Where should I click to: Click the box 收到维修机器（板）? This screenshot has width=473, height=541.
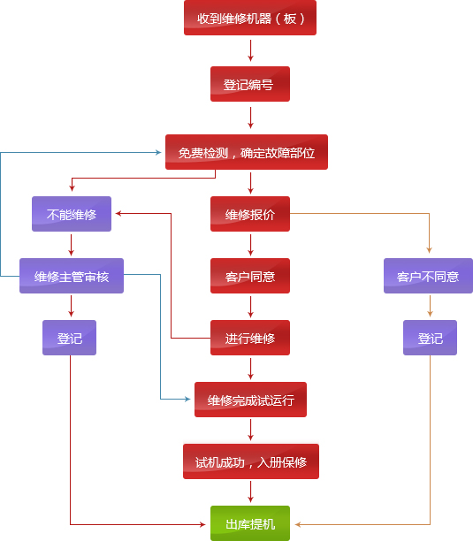coord(250,18)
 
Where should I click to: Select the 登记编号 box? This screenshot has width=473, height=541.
coord(250,84)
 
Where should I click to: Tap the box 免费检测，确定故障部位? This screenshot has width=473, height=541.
coord(247,152)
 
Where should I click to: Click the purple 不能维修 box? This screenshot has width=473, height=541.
coord(72,214)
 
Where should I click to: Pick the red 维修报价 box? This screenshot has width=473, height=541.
coord(250,214)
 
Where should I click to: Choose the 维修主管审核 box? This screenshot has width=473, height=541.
coord(72,276)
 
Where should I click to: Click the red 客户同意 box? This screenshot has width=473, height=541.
coord(250,276)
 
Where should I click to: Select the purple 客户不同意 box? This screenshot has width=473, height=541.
coord(428,276)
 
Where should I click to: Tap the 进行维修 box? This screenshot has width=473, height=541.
coord(250,338)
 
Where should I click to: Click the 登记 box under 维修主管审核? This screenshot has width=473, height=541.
coord(69,338)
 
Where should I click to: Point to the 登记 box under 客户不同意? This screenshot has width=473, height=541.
coord(431,338)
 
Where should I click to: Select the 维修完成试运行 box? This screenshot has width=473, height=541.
coord(250,400)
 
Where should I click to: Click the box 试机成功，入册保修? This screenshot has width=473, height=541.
coord(251,461)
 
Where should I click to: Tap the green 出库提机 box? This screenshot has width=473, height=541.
coord(250,523)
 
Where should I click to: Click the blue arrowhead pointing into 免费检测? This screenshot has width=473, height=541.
coord(158,152)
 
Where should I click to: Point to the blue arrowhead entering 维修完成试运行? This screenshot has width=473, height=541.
coord(187,400)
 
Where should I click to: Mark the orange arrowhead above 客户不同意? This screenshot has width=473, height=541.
coord(429,250)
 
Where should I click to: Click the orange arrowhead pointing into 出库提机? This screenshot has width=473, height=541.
coord(298,524)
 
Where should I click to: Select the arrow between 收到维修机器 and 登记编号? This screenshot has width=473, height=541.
coord(250,50)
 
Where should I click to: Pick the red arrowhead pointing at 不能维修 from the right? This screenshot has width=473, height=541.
coord(118,214)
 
